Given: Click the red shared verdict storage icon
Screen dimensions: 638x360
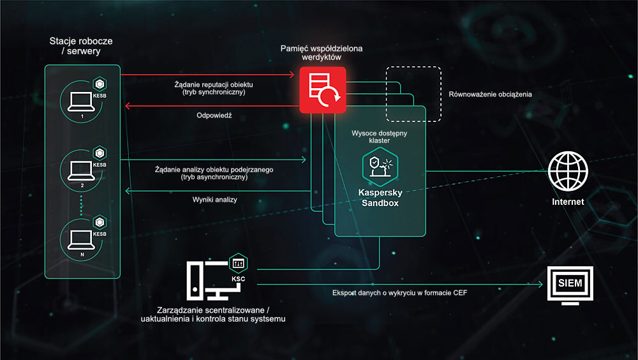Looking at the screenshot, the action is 323,90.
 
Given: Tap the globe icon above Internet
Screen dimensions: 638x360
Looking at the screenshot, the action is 568,171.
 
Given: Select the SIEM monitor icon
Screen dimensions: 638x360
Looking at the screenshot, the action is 570,285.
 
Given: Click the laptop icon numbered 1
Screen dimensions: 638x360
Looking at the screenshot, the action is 81,101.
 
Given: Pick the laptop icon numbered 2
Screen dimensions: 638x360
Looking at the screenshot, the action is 81,170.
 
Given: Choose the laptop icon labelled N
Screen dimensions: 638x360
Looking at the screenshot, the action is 81,240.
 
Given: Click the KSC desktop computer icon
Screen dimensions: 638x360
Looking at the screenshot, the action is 214,281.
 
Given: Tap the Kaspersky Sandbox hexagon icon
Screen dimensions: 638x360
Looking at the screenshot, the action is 380,167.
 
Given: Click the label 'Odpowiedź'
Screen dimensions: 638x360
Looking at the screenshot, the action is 214,116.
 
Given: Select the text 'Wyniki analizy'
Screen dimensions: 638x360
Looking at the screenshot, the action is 214,200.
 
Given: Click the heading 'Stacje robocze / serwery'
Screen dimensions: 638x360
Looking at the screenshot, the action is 81,46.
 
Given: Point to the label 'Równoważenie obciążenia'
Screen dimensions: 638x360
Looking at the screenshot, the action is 490,94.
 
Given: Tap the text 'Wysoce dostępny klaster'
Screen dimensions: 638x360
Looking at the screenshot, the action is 379,137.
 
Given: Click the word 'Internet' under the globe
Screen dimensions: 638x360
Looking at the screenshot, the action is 568,202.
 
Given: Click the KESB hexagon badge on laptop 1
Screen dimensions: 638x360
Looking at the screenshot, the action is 100,84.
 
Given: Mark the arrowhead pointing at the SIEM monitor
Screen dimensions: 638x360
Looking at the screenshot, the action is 540,284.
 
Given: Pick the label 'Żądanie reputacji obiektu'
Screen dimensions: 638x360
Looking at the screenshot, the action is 214,85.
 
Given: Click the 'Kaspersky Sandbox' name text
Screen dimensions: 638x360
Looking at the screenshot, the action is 380,198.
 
